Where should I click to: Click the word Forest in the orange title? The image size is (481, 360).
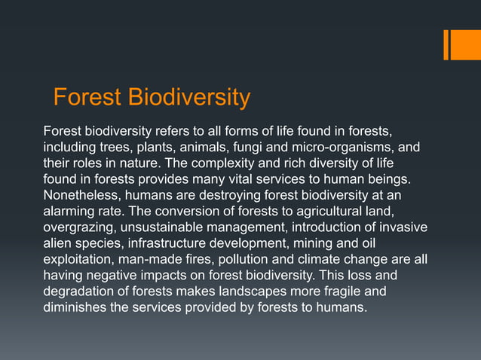87,98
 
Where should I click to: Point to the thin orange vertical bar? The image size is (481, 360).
446,44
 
